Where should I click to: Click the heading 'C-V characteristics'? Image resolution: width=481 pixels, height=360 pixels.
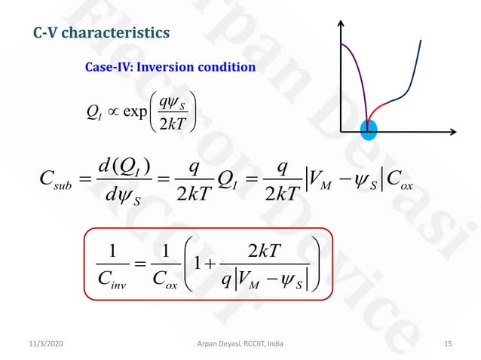coord(102,33)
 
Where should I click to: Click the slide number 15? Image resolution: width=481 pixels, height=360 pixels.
coord(448,344)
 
